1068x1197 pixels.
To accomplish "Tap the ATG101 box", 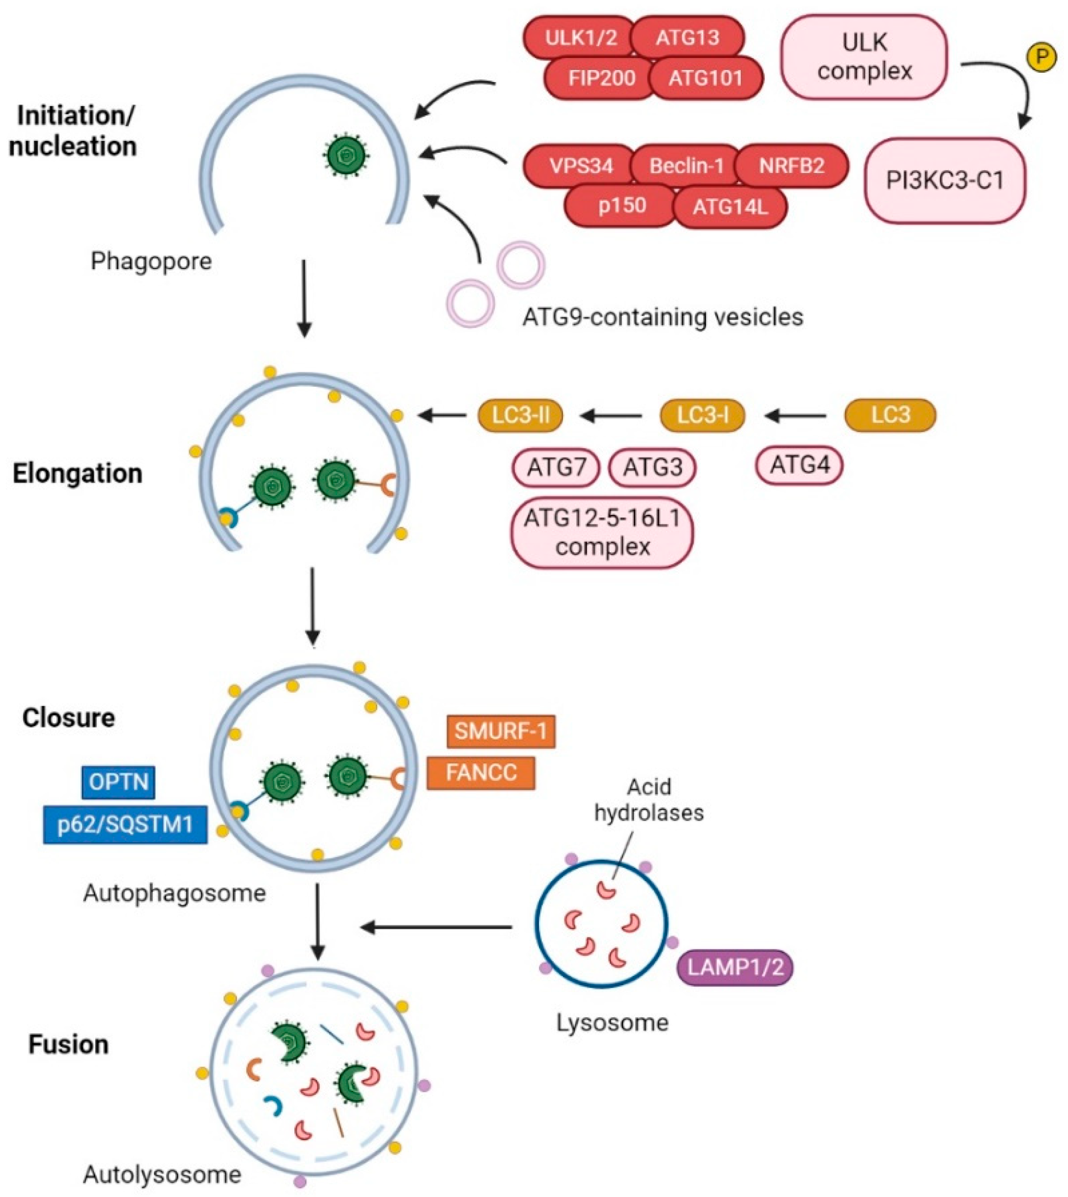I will pyautogui.click(x=705, y=78).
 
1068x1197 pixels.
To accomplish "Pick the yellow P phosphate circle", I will pyautogui.click(x=1041, y=57).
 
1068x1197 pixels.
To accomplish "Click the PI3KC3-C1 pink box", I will pyautogui.click(x=945, y=181).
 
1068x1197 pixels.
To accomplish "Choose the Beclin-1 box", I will pyautogui.click(x=686, y=166).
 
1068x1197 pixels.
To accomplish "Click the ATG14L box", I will pyautogui.click(x=730, y=207).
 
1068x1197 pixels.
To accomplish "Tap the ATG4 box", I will pyautogui.click(x=799, y=465).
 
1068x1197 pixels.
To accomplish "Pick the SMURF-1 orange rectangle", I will pyautogui.click(x=501, y=732).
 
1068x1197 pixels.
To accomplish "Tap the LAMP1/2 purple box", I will pyautogui.click(x=735, y=967).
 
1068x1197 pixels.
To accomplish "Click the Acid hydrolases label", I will pyautogui.click(x=648, y=799).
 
